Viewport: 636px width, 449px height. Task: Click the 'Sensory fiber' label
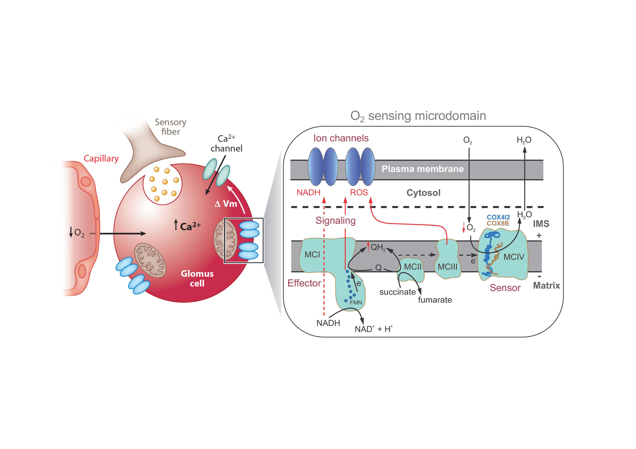click(x=170, y=127)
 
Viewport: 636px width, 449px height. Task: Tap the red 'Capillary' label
click(x=101, y=158)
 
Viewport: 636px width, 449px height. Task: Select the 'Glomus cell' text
click(x=197, y=278)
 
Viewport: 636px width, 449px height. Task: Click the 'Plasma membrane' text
click(x=422, y=169)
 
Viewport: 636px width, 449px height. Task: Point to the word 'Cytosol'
click(x=423, y=193)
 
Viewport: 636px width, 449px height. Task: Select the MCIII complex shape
click(x=448, y=260)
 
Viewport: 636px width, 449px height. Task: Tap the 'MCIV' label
click(x=514, y=257)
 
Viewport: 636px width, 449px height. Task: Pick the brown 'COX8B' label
click(x=498, y=223)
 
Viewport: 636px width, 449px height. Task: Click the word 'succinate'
click(x=397, y=292)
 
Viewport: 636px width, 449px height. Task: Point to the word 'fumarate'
click(x=435, y=300)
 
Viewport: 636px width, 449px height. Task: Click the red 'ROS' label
click(x=359, y=192)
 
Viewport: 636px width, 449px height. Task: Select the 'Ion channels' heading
click(x=341, y=138)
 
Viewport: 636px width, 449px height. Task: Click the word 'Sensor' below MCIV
click(x=505, y=288)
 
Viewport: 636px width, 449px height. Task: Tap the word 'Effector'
click(x=304, y=283)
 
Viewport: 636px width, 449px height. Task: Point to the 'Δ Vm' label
click(x=226, y=204)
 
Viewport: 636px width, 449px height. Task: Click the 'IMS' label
click(x=541, y=224)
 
